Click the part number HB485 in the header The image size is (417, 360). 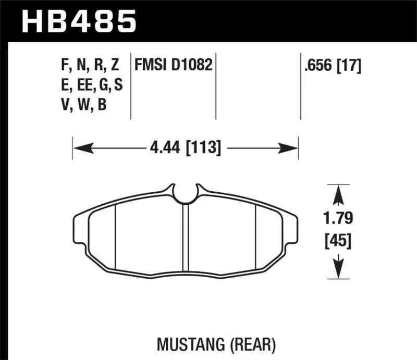[x=78, y=21]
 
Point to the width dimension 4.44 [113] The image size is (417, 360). [x=186, y=149]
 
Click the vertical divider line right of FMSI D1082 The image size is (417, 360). [x=216, y=86]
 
